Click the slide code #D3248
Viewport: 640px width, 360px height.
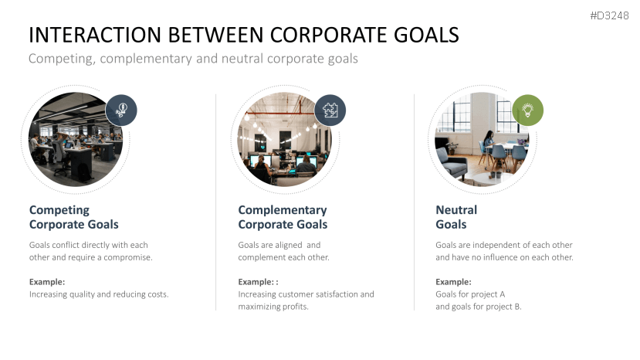coord(610,15)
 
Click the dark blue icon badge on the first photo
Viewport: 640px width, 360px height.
coord(121,109)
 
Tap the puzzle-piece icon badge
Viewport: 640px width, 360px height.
coord(330,110)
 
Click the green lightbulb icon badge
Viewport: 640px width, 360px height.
coord(527,110)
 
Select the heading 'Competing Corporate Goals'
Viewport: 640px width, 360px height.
coord(74,217)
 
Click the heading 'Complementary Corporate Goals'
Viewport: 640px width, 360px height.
coord(283,217)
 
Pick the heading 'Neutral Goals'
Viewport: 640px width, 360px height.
coord(456,217)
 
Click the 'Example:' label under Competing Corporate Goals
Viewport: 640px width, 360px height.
coord(47,282)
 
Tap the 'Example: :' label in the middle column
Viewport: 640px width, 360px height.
coord(258,282)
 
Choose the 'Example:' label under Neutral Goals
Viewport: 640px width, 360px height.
coord(453,282)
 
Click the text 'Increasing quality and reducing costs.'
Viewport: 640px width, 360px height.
coord(99,294)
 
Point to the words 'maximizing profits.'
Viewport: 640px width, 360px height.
coord(273,307)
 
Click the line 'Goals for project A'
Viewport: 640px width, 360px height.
coord(470,294)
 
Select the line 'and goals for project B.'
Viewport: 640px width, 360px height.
coord(479,307)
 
